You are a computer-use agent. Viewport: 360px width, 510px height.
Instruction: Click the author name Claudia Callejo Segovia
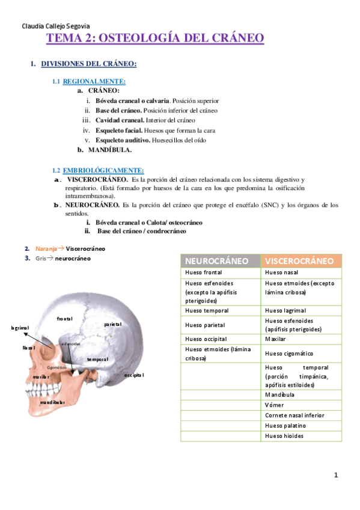click(55, 26)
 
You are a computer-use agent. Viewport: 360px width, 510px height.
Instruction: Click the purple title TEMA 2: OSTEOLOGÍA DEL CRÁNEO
click(155, 38)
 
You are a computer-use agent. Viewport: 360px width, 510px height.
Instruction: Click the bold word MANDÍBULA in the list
click(110, 149)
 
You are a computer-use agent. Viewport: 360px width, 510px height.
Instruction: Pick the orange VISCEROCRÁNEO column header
click(299, 261)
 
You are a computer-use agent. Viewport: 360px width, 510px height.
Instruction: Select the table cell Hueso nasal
click(281, 272)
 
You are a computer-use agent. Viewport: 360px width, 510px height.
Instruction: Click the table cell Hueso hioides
click(284, 435)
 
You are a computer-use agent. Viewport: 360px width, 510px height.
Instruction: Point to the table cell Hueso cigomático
click(289, 354)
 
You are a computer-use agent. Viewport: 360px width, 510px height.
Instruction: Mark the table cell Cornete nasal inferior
click(294, 415)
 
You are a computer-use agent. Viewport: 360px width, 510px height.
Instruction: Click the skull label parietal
click(112, 324)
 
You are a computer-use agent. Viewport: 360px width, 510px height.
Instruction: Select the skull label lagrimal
click(20, 328)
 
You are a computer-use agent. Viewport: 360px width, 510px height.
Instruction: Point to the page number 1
click(336, 475)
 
